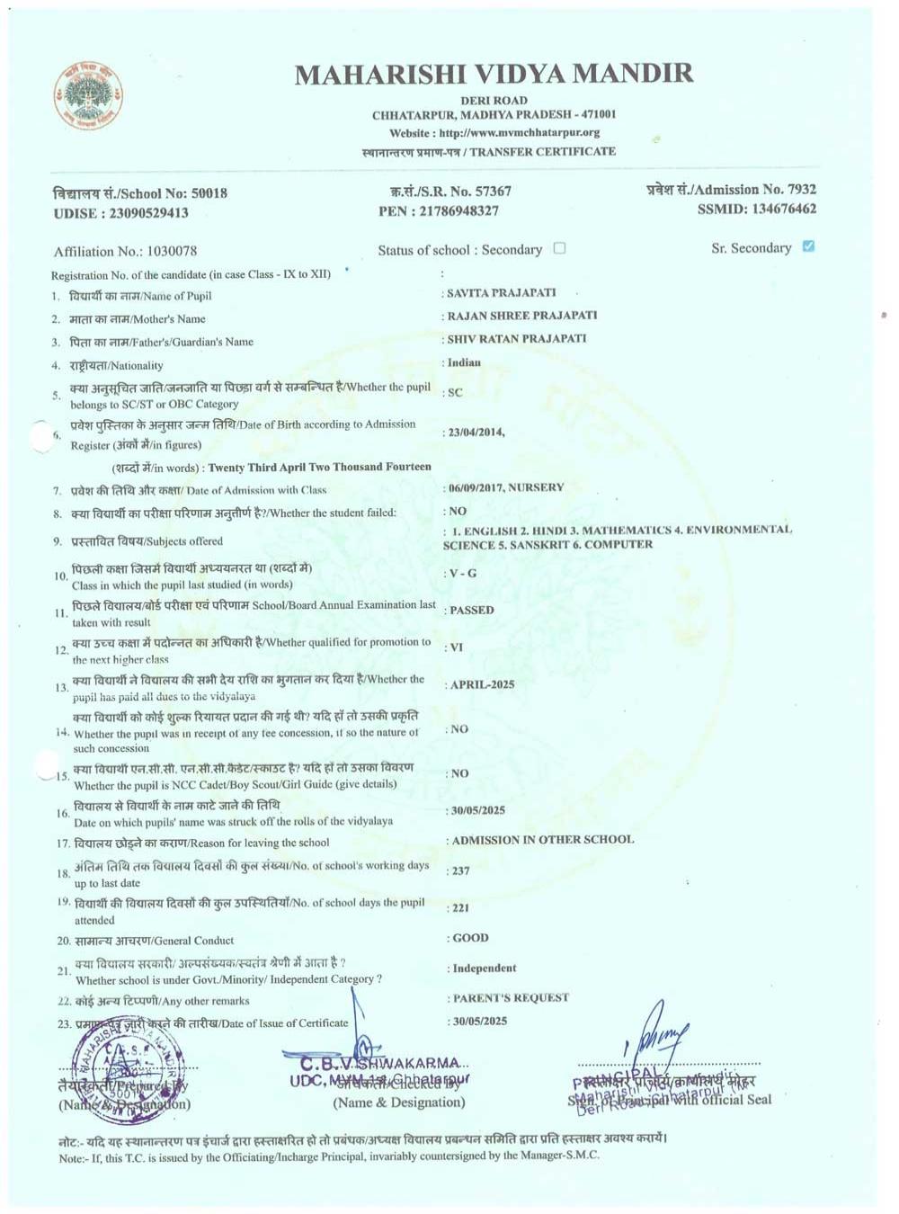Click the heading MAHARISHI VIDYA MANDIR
pos(494,74)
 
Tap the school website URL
pos(520,133)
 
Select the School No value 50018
pos(209,193)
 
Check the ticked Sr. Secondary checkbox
pos(808,246)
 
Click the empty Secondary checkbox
pos(559,248)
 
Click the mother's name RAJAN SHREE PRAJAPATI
pos(522,316)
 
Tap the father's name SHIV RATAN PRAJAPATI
pos(517,339)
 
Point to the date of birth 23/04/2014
pos(476,433)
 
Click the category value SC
pos(455,393)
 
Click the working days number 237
pos(461,870)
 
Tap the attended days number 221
pos(461,908)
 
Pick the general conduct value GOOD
pos(471,938)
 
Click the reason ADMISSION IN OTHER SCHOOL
pos(543,840)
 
